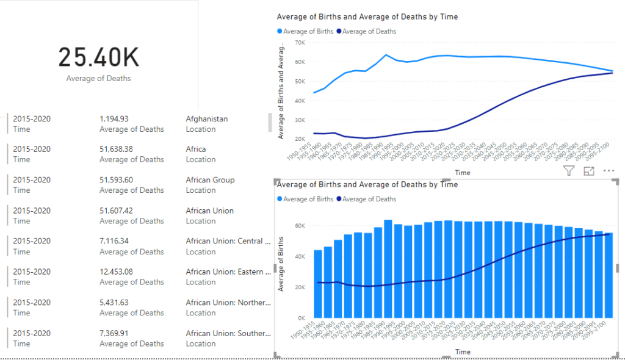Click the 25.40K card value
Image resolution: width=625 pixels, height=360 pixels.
(98, 57)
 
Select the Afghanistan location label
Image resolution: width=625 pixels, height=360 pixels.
(206, 119)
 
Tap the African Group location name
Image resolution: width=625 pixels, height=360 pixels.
(210, 180)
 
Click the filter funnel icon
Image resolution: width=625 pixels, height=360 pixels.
(569, 171)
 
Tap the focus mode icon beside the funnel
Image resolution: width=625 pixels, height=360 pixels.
(589, 171)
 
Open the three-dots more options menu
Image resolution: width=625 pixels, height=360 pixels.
(609, 171)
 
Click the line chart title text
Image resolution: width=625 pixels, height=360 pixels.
(367, 17)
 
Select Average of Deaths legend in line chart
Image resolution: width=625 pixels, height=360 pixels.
(369, 31)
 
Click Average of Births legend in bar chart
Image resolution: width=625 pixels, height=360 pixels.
(308, 199)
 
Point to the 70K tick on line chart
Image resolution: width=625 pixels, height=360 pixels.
(299, 43)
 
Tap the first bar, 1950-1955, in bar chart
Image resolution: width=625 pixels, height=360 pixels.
(317, 284)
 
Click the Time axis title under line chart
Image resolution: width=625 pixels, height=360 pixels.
(462, 173)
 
